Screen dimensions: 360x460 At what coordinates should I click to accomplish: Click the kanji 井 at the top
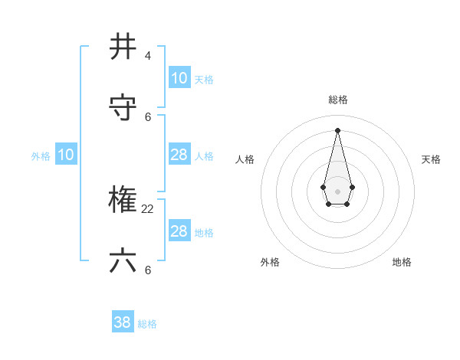click(x=123, y=47)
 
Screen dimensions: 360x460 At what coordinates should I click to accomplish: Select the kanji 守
click(x=123, y=108)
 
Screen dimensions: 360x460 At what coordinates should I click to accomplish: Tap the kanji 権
click(x=123, y=201)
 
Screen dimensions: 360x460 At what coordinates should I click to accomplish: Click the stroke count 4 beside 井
click(x=147, y=56)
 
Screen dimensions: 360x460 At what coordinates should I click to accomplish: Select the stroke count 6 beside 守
click(x=147, y=117)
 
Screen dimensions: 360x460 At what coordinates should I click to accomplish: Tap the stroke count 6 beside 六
click(x=147, y=270)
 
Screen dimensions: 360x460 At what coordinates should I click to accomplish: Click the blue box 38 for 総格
click(x=123, y=322)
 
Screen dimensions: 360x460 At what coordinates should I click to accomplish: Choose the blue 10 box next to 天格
click(x=179, y=78)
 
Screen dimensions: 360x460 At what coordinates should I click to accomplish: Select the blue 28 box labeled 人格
click(x=179, y=155)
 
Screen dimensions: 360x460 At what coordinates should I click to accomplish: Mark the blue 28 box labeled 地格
click(x=179, y=231)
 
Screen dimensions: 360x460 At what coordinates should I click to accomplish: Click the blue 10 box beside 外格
click(x=66, y=155)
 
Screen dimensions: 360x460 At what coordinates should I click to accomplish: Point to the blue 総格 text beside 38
click(x=147, y=324)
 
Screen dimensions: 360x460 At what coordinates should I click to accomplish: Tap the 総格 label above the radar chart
click(x=338, y=100)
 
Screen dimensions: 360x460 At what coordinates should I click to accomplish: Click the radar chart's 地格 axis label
click(x=402, y=262)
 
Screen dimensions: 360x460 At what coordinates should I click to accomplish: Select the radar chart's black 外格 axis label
click(x=270, y=262)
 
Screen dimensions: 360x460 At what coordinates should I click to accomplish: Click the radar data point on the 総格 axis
click(x=337, y=129)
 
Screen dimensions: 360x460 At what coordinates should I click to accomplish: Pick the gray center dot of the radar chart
click(x=337, y=190)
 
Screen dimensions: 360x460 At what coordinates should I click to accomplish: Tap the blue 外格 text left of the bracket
click(x=41, y=156)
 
